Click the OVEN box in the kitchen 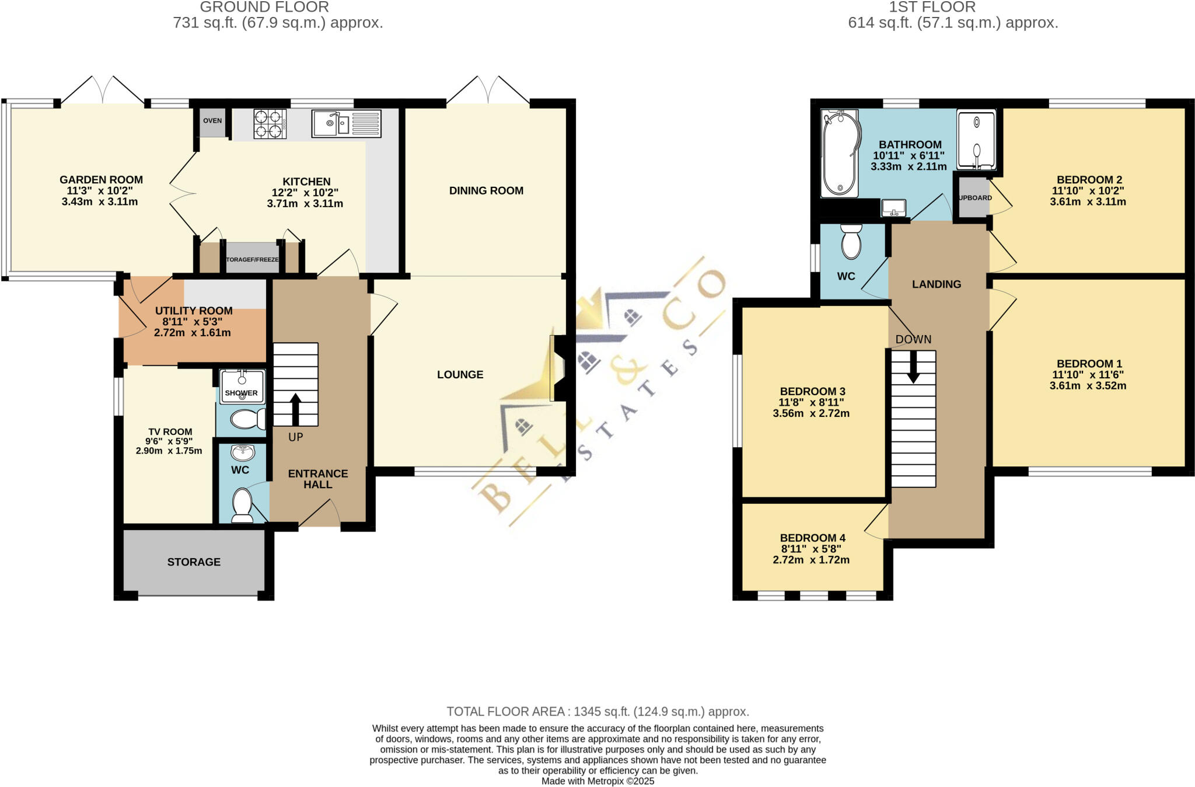[x=212, y=121]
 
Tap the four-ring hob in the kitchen [x=270, y=124]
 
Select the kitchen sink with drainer [x=346, y=124]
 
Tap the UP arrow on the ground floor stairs [x=295, y=409]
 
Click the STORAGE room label [x=194, y=562]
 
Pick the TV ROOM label [x=170, y=432]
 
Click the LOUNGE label [x=460, y=375]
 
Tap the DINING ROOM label [x=486, y=191]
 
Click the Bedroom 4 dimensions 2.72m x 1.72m [x=811, y=560]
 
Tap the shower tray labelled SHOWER [x=242, y=386]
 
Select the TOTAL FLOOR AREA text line [x=597, y=712]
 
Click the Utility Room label [x=194, y=311]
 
